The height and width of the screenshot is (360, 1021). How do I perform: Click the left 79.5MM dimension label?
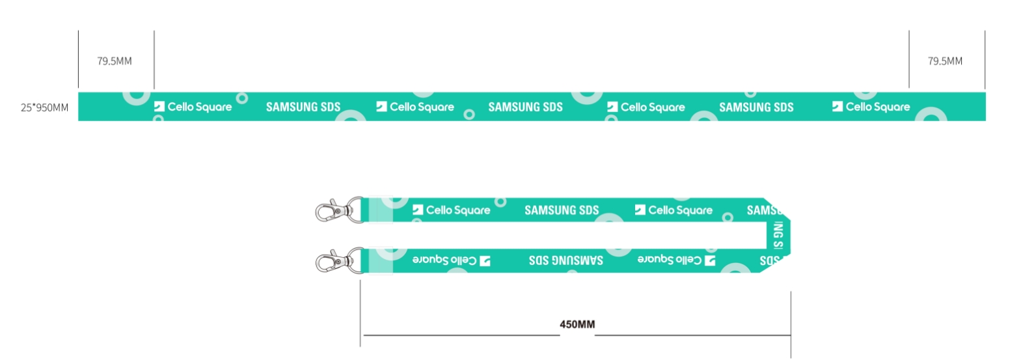click(115, 61)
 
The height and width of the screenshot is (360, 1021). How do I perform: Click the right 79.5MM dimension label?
click(945, 61)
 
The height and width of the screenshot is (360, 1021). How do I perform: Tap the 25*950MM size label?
click(44, 107)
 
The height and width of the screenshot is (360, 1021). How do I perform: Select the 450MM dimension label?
click(577, 324)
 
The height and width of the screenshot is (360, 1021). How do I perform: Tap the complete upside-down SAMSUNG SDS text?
click(566, 260)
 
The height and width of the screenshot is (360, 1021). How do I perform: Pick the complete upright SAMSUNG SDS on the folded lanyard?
click(562, 210)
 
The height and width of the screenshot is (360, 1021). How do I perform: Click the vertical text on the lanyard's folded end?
click(778, 235)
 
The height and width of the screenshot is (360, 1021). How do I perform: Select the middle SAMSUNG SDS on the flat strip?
click(525, 107)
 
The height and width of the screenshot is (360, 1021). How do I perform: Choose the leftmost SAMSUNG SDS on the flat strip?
click(303, 107)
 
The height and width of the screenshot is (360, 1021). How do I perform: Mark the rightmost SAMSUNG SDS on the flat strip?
click(756, 107)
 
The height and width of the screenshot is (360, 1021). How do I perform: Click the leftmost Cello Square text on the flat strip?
click(199, 107)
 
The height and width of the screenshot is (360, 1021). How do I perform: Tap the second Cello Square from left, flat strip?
click(422, 107)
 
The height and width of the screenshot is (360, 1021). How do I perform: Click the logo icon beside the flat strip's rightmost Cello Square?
click(837, 106)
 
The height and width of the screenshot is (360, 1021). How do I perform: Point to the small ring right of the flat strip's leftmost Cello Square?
click(242, 98)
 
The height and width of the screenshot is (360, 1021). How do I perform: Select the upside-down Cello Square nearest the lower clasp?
click(444, 260)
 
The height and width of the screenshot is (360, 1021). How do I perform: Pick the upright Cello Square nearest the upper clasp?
click(458, 210)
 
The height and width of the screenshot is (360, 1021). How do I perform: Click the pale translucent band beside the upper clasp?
click(380, 210)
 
